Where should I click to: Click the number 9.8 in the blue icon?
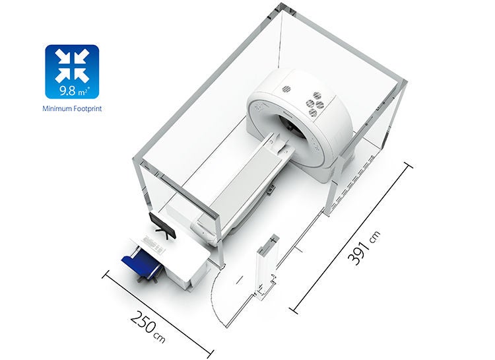[x=68, y=90]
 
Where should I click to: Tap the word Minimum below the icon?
[x=57, y=109]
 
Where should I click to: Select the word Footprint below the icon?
[x=87, y=109]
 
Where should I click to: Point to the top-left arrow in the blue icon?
[x=63, y=57]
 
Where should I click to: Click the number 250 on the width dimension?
[x=143, y=322]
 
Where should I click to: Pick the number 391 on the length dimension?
[x=358, y=253]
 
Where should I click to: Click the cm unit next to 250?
[x=160, y=338]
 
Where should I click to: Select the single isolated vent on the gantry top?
[x=286, y=89]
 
